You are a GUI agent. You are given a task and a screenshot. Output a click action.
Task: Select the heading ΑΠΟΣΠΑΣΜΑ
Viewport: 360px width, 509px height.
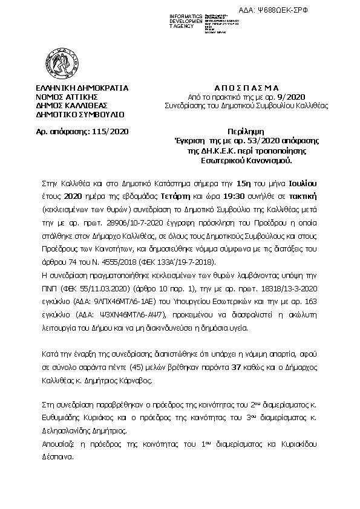coord(237,88)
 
